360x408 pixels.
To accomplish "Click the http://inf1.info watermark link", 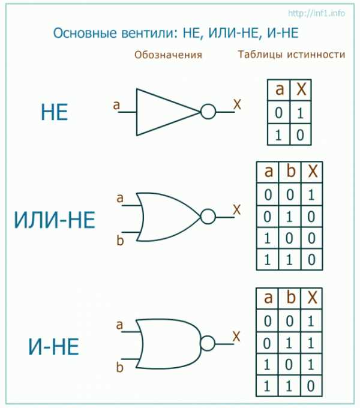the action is (317, 13).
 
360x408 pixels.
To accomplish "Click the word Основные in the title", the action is (85, 33).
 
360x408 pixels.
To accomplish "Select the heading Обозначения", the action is (168, 55).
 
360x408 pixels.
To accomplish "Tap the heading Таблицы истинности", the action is (292, 55).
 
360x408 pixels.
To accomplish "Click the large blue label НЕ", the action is (55, 112).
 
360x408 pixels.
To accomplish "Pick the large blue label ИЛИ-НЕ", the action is (55, 220).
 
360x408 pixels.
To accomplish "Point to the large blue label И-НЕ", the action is (53, 347).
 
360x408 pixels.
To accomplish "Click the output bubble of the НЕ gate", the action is (208, 112).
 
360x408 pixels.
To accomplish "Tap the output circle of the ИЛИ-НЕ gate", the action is (208, 217).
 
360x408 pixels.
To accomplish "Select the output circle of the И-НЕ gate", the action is (208, 343).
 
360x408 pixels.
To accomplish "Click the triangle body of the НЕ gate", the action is (137, 112).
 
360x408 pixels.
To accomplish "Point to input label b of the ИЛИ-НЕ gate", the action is (120, 240).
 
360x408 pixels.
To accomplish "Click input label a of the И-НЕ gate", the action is (119, 325).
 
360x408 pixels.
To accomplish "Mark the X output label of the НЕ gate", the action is (237, 104).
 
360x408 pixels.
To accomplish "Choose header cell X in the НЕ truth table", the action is (301, 89).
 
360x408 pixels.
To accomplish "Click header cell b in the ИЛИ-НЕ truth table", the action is (290, 172).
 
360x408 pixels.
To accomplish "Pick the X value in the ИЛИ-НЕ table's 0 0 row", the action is (311, 194).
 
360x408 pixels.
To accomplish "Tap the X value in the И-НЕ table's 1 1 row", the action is (311, 386).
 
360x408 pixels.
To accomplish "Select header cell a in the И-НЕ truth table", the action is (268, 298).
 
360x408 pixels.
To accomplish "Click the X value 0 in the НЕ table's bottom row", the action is (300, 135).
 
